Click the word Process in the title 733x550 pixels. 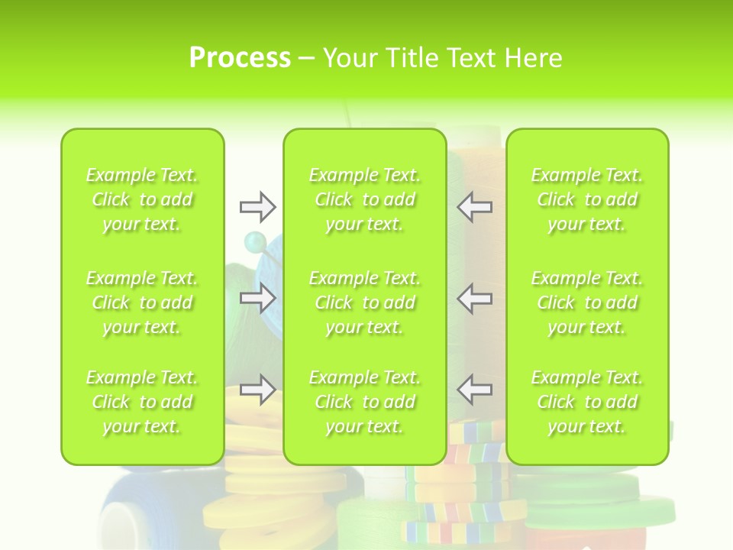click(x=240, y=57)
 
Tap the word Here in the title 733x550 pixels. click(x=533, y=58)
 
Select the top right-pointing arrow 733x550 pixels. click(x=257, y=206)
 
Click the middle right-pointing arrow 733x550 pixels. click(x=257, y=298)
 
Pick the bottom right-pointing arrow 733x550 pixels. click(x=257, y=390)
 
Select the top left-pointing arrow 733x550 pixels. click(x=474, y=206)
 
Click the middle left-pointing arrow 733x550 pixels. click(x=474, y=298)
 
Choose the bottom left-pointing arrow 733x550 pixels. click(x=474, y=389)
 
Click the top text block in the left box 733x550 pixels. click(x=142, y=199)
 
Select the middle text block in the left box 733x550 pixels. click(x=142, y=302)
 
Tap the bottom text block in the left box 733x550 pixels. click(x=142, y=402)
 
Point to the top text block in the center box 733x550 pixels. click(x=364, y=199)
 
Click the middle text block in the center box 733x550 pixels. click(x=364, y=302)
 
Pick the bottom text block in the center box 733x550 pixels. click(x=364, y=402)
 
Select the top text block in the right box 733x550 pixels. click(x=586, y=199)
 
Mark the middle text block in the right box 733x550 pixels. click(x=586, y=302)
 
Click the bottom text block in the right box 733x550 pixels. click(x=586, y=402)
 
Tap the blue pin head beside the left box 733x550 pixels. click(x=252, y=243)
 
